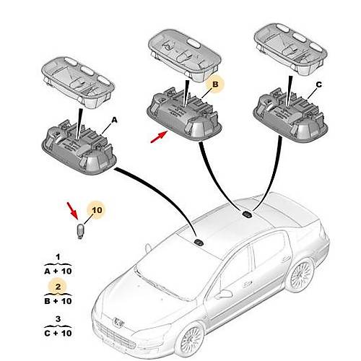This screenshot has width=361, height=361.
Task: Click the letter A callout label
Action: pos(114,120)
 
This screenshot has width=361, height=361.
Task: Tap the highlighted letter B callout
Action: pos(215,84)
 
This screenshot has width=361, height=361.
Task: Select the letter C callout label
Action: pos(318,84)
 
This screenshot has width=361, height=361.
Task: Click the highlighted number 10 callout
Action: pos(97,210)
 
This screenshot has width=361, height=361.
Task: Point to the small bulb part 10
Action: pos(80,231)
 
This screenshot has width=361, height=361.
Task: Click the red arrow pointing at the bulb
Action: pos(72,211)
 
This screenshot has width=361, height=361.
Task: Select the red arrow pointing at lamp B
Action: pos(159,136)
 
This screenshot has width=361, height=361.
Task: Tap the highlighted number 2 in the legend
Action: pos(58,287)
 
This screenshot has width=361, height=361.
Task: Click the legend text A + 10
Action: pos(58,271)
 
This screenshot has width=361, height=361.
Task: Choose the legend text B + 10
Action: pos(58,301)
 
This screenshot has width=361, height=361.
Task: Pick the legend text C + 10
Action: pos(58,333)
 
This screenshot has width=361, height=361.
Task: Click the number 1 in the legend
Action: pos(58,257)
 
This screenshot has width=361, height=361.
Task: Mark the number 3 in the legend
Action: pos(58,319)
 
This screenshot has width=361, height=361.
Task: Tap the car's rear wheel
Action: pos(300,275)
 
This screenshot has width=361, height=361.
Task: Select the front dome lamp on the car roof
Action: pos(199,243)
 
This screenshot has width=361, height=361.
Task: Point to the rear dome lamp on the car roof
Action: pos(247,214)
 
